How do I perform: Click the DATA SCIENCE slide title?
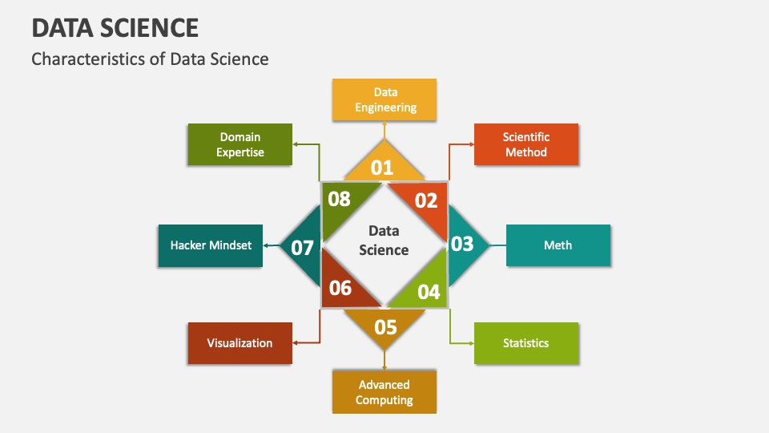pyautogui.click(x=115, y=27)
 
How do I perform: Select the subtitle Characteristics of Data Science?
pyautogui.click(x=150, y=59)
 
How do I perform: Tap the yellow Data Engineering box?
pyautogui.click(x=384, y=99)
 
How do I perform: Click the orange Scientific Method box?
pyautogui.click(x=526, y=144)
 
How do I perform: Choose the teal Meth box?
pyautogui.click(x=558, y=245)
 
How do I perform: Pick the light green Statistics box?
pyautogui.click(x=525, y=343)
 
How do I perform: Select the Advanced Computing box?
pyautogui.click(x=384, y=392)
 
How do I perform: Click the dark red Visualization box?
pyautogui.click(x=240, y=343)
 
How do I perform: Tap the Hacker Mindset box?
pyautogui.click(x=211, y=245)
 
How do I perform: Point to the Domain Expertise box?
pyautogui.click(x=240, y=144)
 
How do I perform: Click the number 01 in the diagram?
pyautogui.click(x=382, y=168)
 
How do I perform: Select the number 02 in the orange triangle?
pyautogui.click(x=426, y=200)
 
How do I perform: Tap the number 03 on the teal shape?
pyautogui.click(x=462, y=244)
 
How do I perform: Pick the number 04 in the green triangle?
pyautogui.click(x=429, y=292)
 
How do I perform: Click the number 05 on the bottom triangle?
pyautogui.click(x=385, y=326)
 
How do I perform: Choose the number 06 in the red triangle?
pyautogui.click(x=340, y=288)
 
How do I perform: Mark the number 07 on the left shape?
pyautogui.click(x=302, y=248)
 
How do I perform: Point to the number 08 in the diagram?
pyautogui.click(x=340, y=199)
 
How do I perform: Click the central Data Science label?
pyautogui.click(x=384, y=241)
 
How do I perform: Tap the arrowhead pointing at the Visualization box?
pyautogui.click(x=296, y=342)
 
